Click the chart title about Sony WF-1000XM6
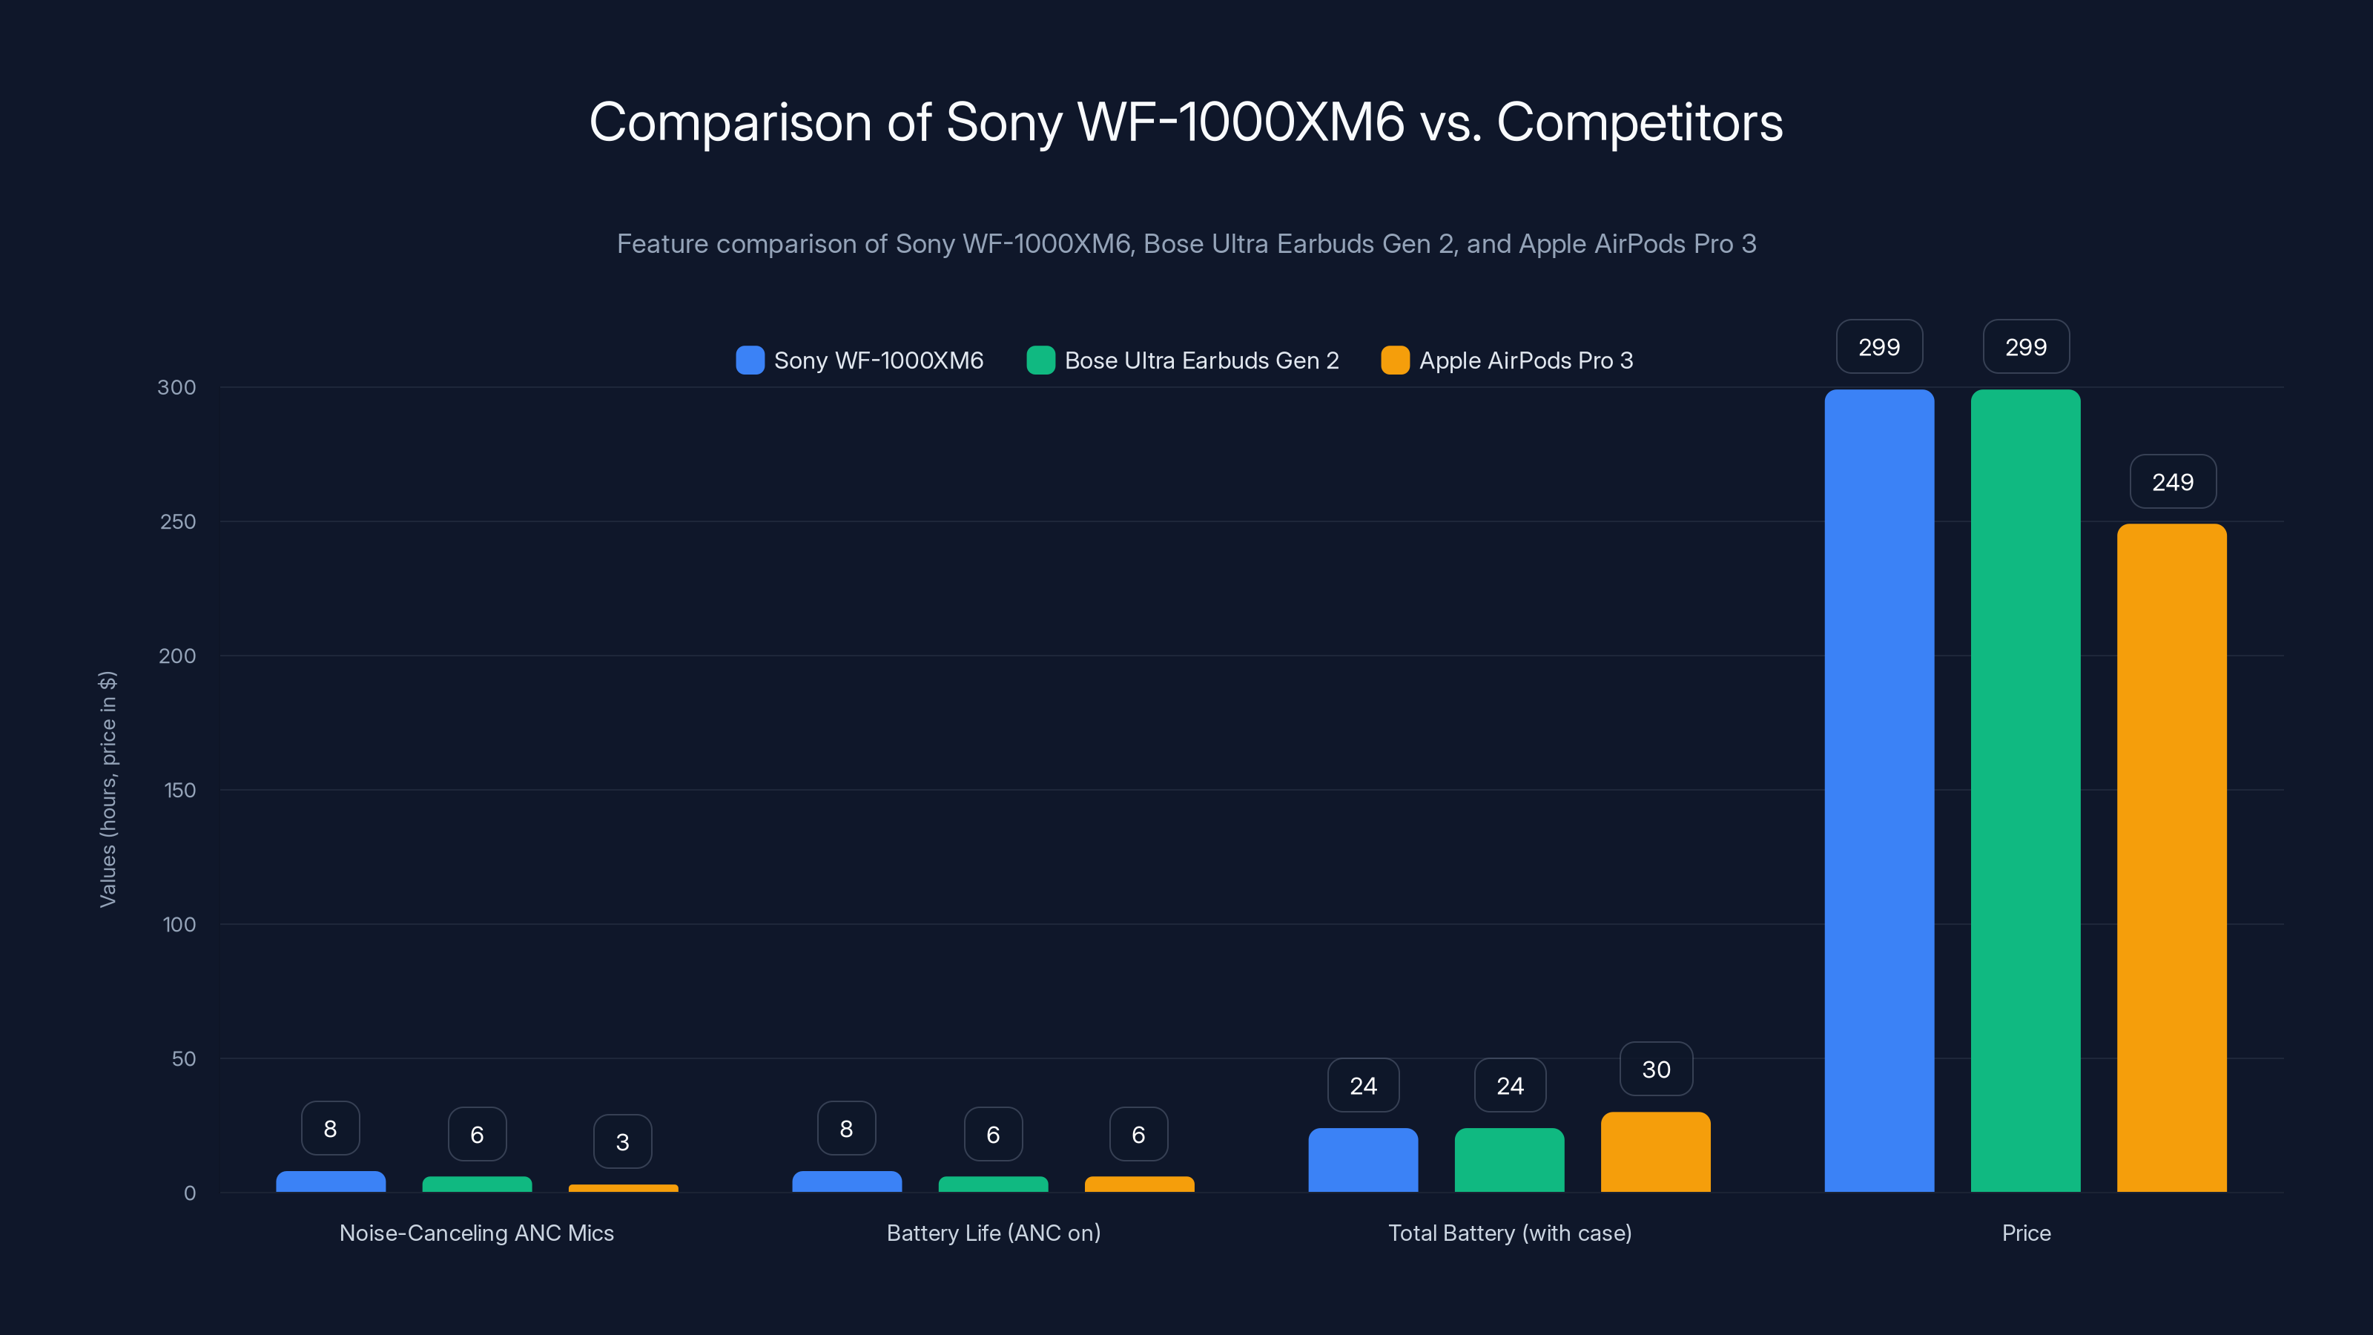coord(1186,122)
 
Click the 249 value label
coord(2172,482)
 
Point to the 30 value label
coord(1655,1069)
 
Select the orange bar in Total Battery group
coord(1655,1153)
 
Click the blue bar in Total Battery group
coord(1362,1160)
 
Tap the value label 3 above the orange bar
coord(623,1142)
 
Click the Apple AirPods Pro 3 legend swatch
coord(1395,360)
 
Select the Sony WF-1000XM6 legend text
coord(878,360)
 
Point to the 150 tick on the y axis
coord(179,791)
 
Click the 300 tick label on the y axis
coord(177,388)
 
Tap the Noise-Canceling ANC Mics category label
coord(476,1233)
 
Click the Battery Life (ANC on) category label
coord(993,1233)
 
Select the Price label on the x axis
coord(2026,1233)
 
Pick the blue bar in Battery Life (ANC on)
coord(847,1182)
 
